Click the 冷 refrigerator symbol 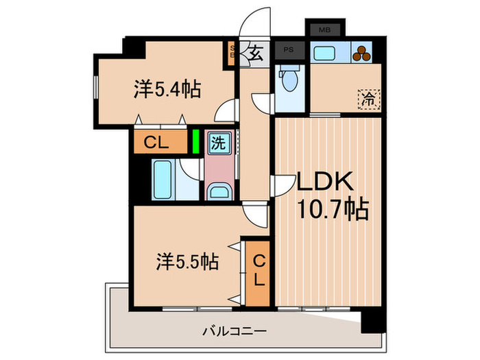pos(369,99)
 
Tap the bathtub pos(163,178)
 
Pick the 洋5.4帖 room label pos(167,89)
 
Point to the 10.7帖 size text pos(333,208)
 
